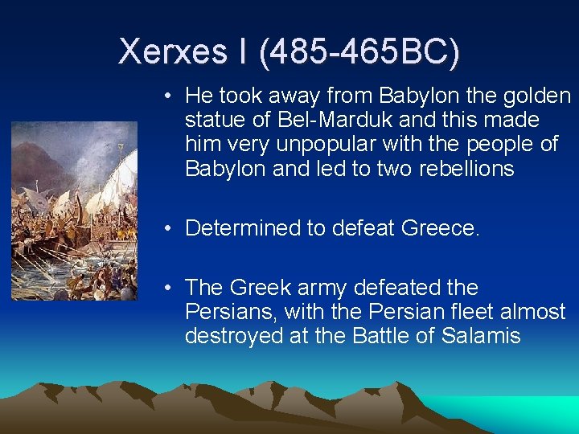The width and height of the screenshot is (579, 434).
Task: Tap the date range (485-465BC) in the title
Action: (x=359, y=52)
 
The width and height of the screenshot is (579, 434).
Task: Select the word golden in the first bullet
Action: (x=536, y=96)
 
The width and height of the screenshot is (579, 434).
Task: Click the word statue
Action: (x=212, y=121)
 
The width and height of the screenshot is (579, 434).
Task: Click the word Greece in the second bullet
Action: (x=438, y=228)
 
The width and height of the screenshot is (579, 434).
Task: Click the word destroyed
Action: (x=225, y=336)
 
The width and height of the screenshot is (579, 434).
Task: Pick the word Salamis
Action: (x=481, y=336)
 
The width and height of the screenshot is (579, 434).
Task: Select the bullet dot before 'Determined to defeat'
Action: (x=166, y=229)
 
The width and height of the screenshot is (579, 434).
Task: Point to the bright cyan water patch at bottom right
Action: (x=532, y=409)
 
